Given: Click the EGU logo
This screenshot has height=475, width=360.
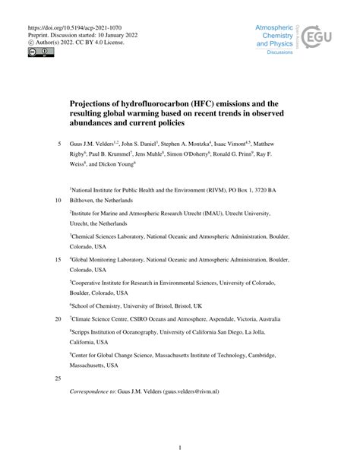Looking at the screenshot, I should [x=320, y=37].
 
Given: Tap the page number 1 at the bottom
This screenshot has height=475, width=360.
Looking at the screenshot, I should [x=180, y=447].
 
